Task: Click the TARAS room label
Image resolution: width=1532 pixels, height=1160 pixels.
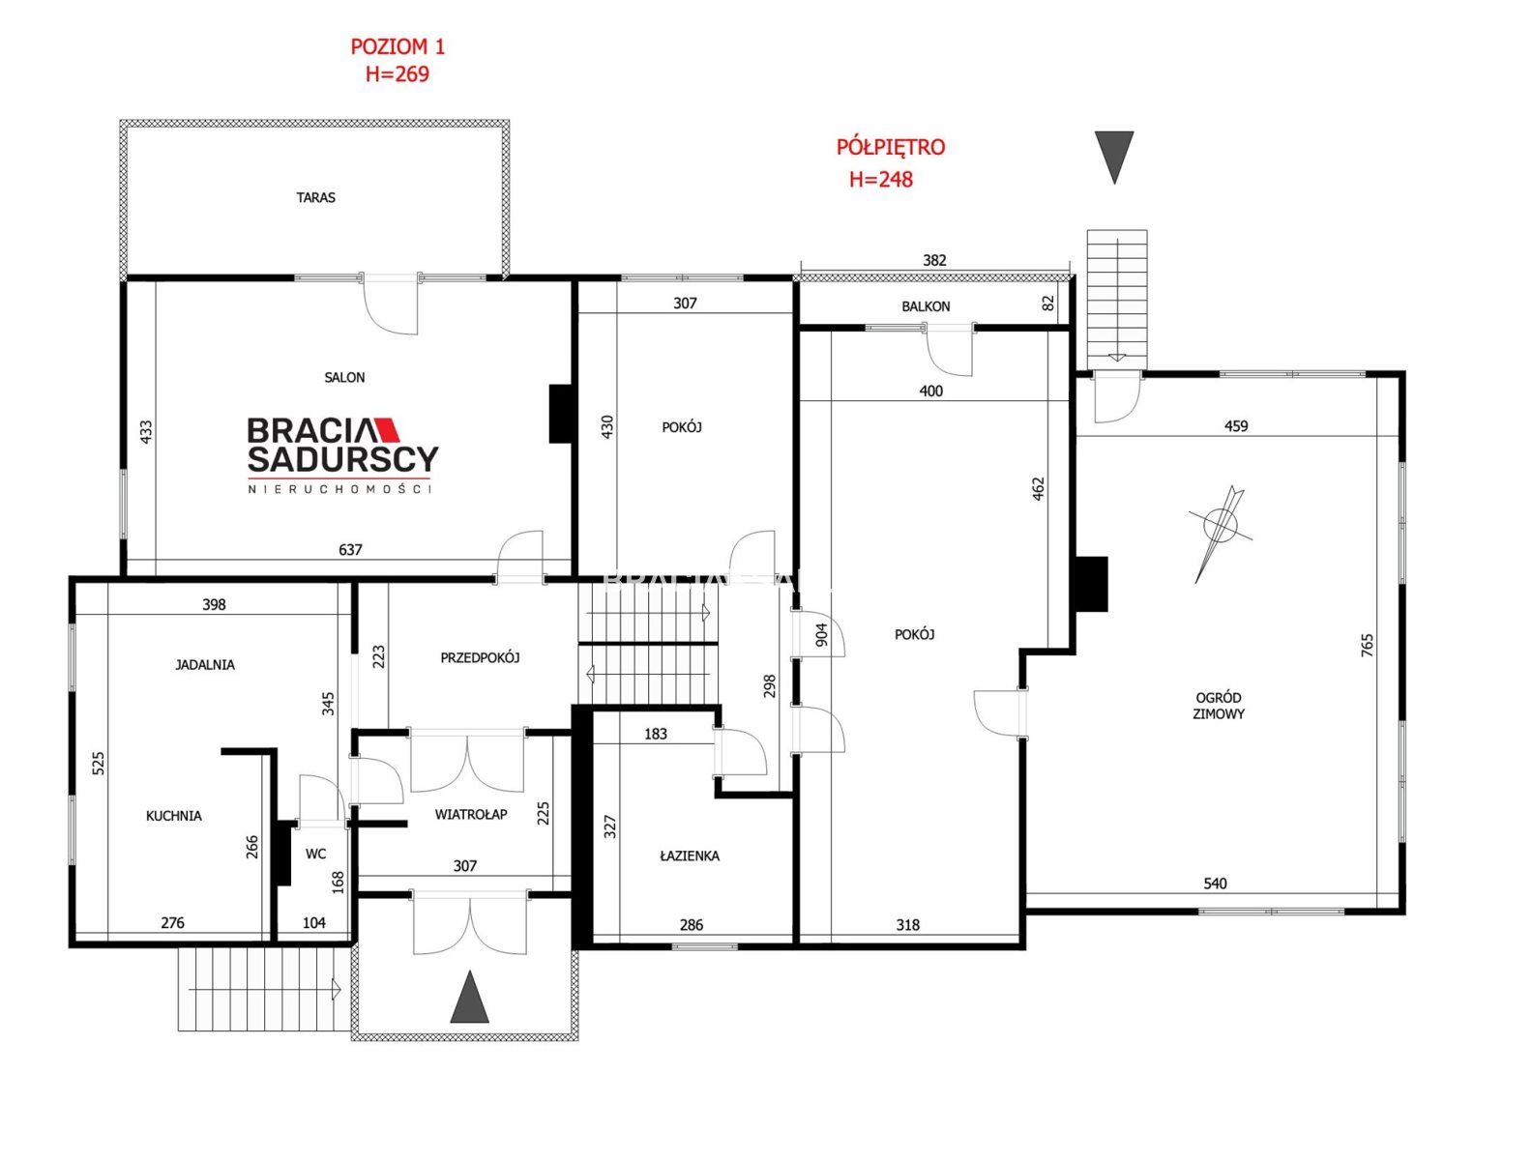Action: [x=315, y=197]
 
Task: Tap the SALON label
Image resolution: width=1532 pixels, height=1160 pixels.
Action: [x=344, y=377]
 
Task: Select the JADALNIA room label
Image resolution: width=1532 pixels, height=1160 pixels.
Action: [x=204, y=665]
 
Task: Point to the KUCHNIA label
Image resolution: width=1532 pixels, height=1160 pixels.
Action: [x=174, y=816]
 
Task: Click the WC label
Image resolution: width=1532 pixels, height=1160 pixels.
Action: [x=315, y=854]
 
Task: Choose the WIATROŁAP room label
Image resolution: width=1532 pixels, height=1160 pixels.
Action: [x=470, y=814]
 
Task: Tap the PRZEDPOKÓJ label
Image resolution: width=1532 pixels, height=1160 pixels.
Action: [x=480, y=657]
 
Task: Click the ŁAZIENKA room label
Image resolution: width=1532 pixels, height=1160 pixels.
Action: [x=690, y=855]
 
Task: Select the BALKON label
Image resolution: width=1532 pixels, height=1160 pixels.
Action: [x=926, y=306]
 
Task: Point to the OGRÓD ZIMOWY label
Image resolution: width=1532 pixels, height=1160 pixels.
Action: [x=1219, y=706]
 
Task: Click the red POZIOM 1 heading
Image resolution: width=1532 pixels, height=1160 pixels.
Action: [x=398, y=46]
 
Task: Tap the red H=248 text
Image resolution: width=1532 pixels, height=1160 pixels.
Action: [x=881, y=179]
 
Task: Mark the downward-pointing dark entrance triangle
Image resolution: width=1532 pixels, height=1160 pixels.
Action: [x=1114, y=154]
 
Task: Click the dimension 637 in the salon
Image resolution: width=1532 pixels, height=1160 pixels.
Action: [x=350, y=550]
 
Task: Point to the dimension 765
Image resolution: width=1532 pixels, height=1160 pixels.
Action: [x=1368, y=645]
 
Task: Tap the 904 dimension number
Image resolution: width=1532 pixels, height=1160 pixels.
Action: [x=821, y=634]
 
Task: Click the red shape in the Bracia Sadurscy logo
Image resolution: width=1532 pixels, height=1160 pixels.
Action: [x=386, y=429]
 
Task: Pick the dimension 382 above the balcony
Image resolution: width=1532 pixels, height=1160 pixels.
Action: [x=934, y=260]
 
